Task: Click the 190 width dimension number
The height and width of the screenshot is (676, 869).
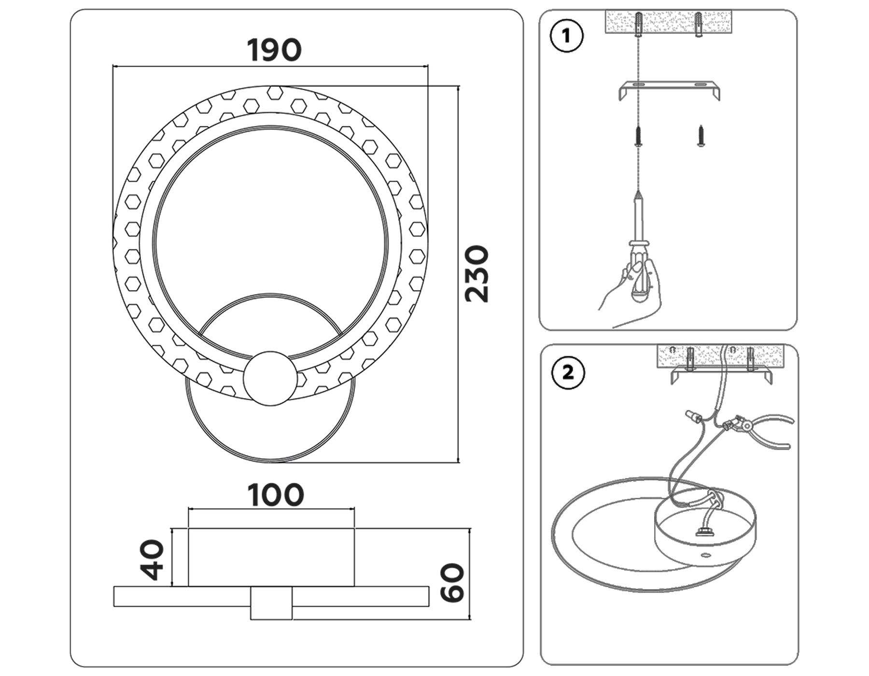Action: point(274,50)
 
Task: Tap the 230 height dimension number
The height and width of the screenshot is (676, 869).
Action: point(477,274)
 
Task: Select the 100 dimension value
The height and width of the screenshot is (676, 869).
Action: point(276,495)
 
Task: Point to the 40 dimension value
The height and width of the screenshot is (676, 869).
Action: point(152,560)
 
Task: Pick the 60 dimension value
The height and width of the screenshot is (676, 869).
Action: point(452,583)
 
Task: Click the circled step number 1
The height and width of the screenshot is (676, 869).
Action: point(567,36)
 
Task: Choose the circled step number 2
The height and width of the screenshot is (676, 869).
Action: point(568,373)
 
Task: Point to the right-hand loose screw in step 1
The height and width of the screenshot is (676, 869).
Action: point(701,136)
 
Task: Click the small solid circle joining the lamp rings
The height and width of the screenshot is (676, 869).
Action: point(270,378)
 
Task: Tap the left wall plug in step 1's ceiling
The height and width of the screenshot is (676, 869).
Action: point(639,24)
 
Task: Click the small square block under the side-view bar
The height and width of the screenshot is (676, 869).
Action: point(271,603)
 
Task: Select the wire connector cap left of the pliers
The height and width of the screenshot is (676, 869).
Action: point(692,415)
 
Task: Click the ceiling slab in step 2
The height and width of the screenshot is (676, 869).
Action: point(720,356)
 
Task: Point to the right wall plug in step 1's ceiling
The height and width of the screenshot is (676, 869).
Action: point(699,24)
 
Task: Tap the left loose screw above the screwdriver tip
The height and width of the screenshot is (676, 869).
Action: point(639,136)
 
